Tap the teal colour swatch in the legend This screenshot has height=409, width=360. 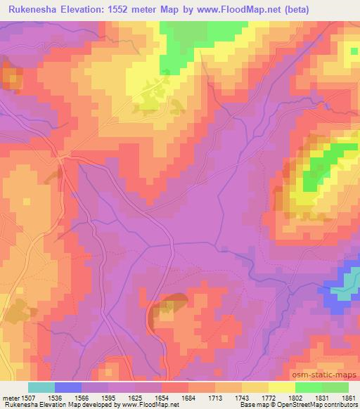[x=41, y=387]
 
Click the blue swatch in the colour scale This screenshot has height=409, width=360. [x=68, y=387]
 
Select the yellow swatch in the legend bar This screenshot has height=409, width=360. [x=281, y=387]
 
